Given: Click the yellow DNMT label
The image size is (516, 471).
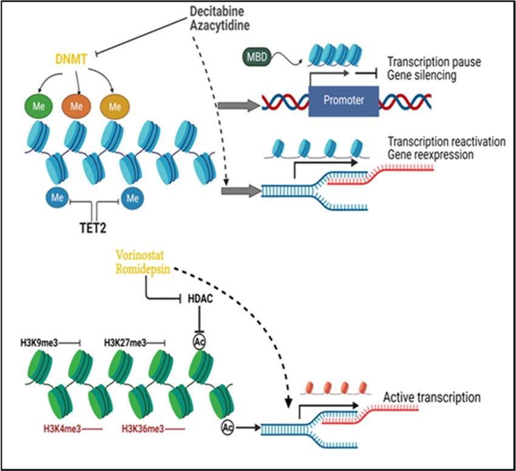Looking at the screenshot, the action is pos(71,59).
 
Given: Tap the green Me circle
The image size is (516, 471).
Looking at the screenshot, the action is pos(38,106).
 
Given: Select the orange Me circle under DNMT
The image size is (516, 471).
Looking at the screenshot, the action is pos(76,106).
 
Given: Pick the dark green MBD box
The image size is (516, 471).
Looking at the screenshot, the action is pos(257,57).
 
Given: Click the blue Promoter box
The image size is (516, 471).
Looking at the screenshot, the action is pos(344,101).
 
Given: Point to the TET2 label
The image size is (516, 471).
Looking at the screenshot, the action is pos(93,228).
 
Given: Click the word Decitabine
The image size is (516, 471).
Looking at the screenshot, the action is pos(217,12).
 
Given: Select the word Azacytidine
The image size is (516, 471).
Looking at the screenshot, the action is pos(220,25).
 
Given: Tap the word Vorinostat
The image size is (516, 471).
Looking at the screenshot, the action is pos(140,255).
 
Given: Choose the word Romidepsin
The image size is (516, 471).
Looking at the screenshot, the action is pos(143,270).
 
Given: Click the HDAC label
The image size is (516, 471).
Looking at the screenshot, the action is pos(200,299).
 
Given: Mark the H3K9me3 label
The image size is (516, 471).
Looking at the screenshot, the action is pos(39,343).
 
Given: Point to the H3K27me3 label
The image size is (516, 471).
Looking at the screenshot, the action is pos(126,343).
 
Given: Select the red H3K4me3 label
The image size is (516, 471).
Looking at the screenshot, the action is pos(62,429).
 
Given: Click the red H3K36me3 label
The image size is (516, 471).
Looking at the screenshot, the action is pos(143,429).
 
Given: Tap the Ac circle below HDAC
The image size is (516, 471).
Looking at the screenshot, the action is pos(199,342).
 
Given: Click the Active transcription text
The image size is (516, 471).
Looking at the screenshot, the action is pos(432,398).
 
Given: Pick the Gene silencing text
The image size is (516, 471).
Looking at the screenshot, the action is pos(422,75).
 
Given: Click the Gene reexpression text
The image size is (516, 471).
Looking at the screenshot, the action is pos(431,155).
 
